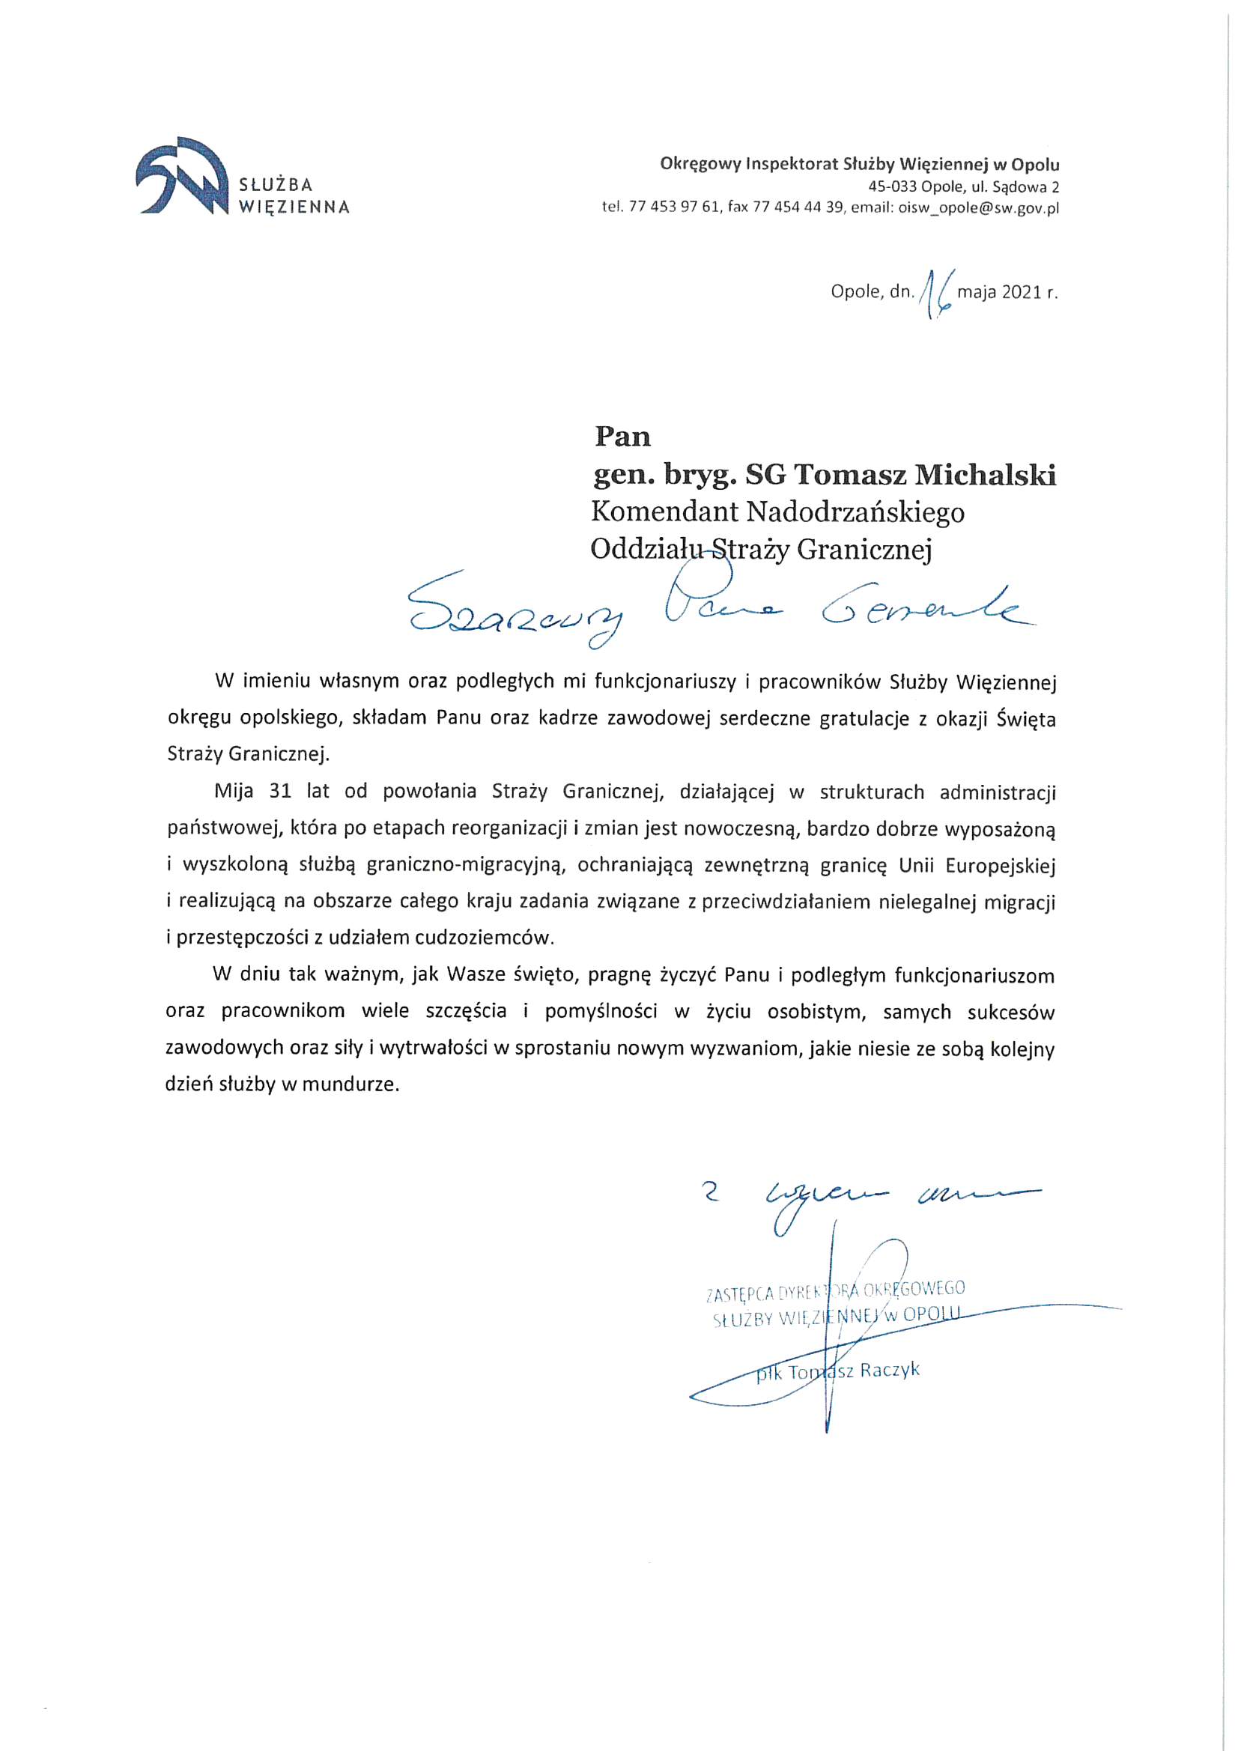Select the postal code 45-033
click(892, 186)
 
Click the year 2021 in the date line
click(1022, 292)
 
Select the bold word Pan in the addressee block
click(622, 437)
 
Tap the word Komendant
click(664, 512)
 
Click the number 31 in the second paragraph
click(280, 791)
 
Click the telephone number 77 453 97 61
click(674, 208)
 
